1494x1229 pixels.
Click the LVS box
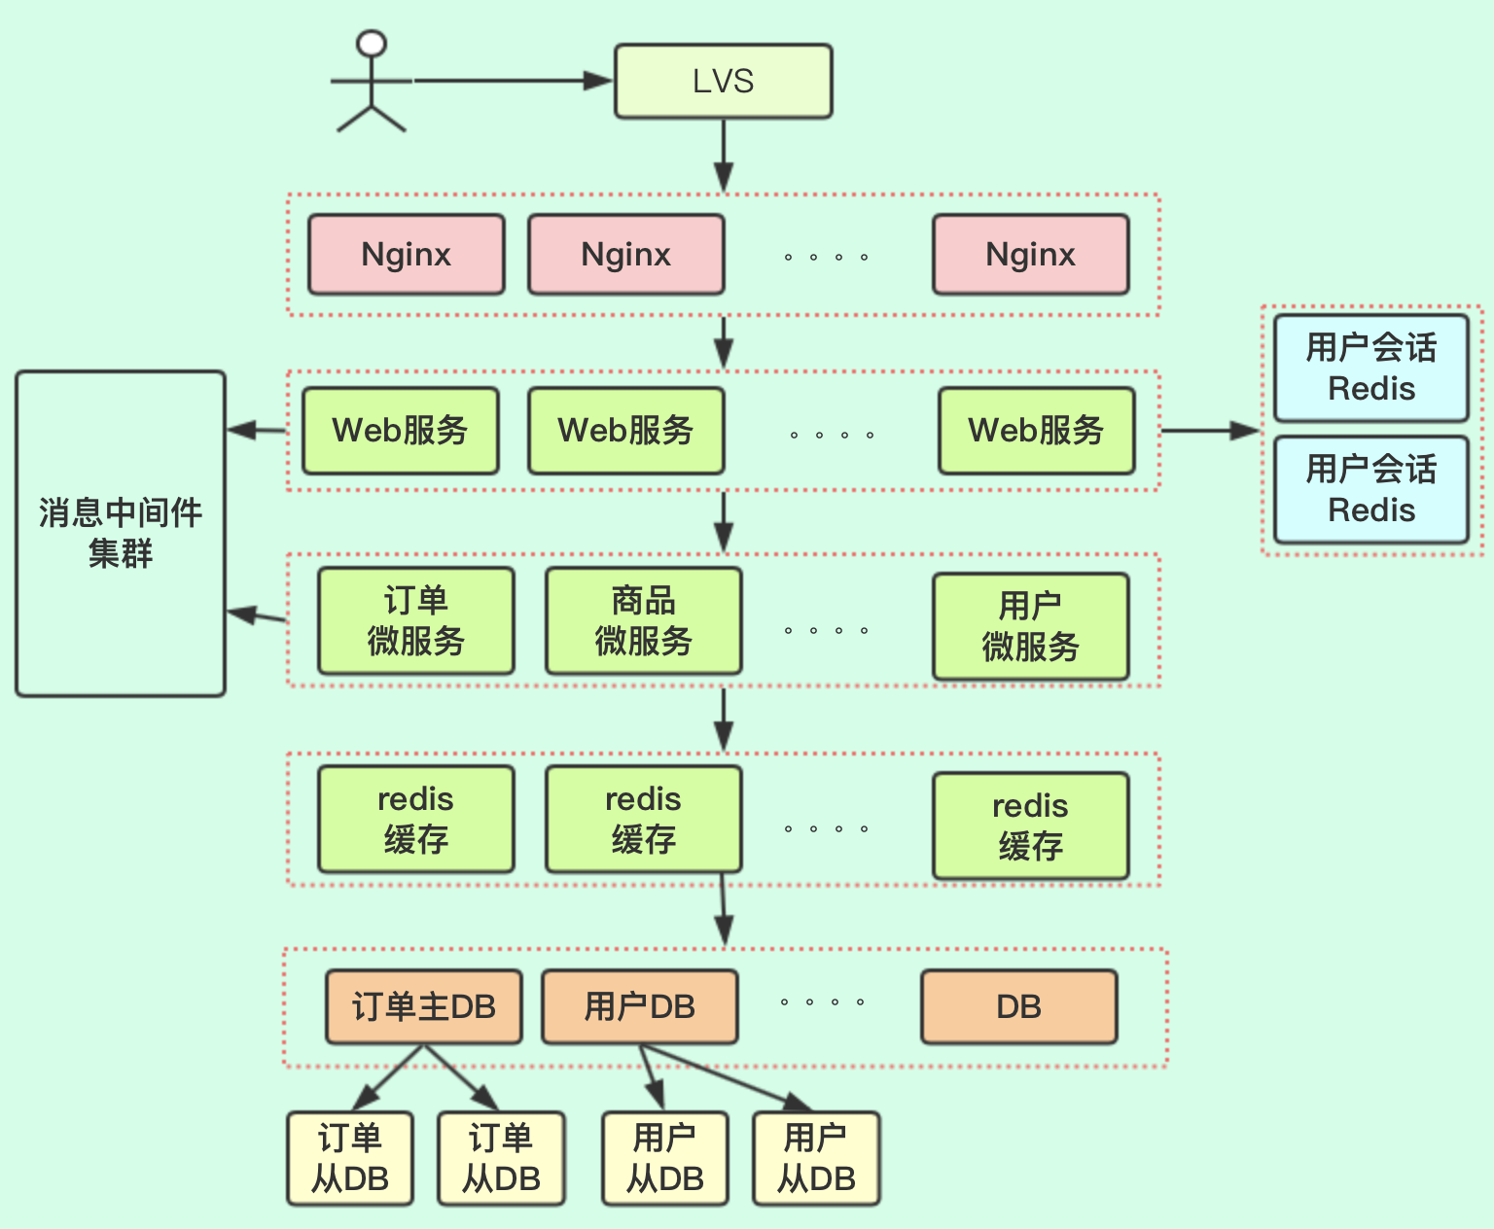[x=723, y=82]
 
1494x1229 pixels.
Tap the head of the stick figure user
[x=372, y=44]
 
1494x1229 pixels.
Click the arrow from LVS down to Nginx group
[x=723, y=156]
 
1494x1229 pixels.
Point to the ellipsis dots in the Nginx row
[x=826, y=258]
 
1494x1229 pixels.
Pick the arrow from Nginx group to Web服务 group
[x=723, y=341]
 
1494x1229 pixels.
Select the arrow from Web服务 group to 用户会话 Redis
[x=1210, y=430]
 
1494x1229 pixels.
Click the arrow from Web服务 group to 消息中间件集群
[x=257, y=430]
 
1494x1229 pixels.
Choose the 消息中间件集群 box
[x=121, y=533]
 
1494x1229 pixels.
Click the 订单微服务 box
[x=416, y=621]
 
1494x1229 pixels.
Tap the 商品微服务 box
[x=643, y=621]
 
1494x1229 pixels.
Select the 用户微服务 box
[x=1030, y=626]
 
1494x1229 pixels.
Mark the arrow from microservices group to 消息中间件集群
[x=257, y=615]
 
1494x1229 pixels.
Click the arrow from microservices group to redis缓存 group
[x=723, y=720]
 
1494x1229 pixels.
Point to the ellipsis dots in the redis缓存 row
[x=826, y=828]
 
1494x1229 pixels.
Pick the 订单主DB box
[x=423, y=1006]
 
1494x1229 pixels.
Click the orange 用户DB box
[x=639, y=1006]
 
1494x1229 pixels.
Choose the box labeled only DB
[x=1018, y=1006]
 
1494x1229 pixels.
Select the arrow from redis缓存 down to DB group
[x=723, y=910]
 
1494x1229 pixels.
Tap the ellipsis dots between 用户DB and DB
[x=822, y=1001]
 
